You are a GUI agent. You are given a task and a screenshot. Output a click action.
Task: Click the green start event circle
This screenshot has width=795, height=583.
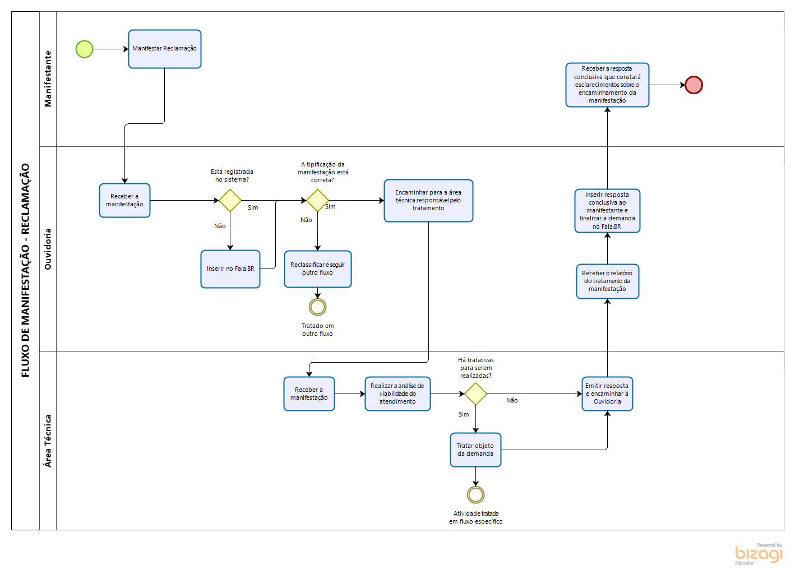(x=84, y=49)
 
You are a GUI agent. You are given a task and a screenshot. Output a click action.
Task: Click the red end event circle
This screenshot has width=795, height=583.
(x=694, y=85)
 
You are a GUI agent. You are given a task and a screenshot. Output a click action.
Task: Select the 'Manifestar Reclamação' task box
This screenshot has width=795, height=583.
(x=164, y=49)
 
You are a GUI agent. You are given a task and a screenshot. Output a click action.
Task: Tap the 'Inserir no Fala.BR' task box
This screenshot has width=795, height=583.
(x=230, y=269)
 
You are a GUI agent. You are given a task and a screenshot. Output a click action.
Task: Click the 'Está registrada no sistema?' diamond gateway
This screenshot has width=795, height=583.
(x=230, y=200)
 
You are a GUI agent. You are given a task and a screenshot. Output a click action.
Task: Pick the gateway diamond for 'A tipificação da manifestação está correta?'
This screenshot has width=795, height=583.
(x=317, y=200)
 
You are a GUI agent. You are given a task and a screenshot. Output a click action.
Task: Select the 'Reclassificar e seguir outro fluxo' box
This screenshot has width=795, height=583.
(x=317, y=269)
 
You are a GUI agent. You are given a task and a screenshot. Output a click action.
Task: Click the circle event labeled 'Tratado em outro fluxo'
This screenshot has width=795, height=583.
(x=317, y=307)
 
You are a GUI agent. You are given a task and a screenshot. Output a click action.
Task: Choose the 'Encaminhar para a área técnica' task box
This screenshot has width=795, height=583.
(x=428, y=201)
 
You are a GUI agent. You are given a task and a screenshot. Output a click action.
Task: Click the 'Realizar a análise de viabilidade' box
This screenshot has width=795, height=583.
(x=397, y=394)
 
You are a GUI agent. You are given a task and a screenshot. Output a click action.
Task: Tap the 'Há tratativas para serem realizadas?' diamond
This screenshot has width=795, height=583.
(x=475, y=394)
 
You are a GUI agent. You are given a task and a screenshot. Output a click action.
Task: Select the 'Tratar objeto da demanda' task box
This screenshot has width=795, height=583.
(x=475, y=450)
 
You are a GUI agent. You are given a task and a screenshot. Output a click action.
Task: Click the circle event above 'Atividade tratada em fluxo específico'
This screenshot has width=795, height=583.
(x=475, y=494)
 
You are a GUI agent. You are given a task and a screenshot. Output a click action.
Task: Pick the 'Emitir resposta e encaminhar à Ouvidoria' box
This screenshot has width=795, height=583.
(x=607, y=394)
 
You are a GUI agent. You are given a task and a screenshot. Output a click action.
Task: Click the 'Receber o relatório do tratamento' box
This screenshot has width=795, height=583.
(x=607, y=281)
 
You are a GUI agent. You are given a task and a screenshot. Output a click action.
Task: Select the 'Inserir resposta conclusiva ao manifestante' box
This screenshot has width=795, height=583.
(x=607, y=211)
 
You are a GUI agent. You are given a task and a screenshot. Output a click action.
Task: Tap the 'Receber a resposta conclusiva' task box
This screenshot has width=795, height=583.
(x=607, y=85)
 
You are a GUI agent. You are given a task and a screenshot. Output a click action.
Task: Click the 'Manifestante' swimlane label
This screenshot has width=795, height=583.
(x=48, y=79)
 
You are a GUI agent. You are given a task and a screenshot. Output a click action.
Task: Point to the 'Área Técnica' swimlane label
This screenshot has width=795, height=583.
(x=48, y=441)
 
